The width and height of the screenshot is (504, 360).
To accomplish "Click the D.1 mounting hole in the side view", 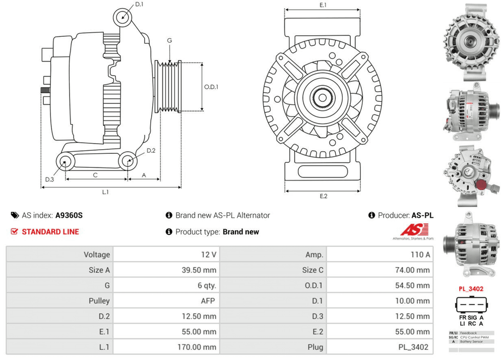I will (x=122, y=16).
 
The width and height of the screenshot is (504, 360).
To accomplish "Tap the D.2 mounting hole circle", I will (x=128, y=161).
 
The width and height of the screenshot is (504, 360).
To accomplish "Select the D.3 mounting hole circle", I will (x=65, y=161).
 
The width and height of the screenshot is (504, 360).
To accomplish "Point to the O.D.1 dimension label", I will (x=211, y=87).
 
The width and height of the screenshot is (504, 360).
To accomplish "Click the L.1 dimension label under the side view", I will (x=106, y=192).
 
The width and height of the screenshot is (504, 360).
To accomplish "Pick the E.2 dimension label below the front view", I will (x=324, y=196).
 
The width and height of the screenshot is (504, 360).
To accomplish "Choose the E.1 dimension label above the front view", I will (x=323, y=5).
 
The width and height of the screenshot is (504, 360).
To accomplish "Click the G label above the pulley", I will (x=170, y=41).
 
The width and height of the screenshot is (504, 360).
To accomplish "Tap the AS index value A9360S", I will (x=69, y=215).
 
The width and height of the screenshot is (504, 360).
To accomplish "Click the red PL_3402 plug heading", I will (x=471, y=289).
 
